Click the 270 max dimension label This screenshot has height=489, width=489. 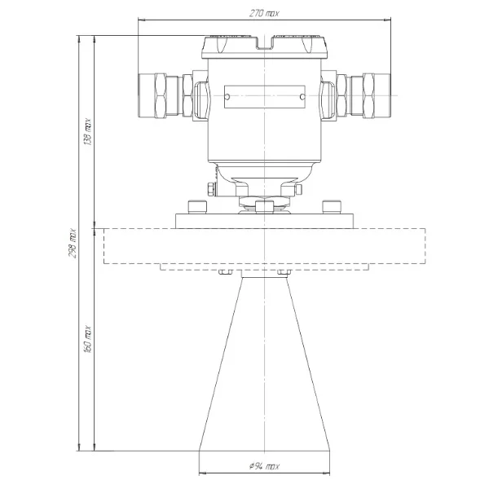coord(264,13)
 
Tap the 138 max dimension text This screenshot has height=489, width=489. coord(88,131)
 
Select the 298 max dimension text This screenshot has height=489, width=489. coord(73,243)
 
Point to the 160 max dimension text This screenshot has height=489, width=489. coord(88,339)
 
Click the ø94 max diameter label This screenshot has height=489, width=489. coord(264,466)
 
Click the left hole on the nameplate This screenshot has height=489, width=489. coord(227,97)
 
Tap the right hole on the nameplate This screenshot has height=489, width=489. coord(302,97)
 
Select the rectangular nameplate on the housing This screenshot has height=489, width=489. coord(264,97)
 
